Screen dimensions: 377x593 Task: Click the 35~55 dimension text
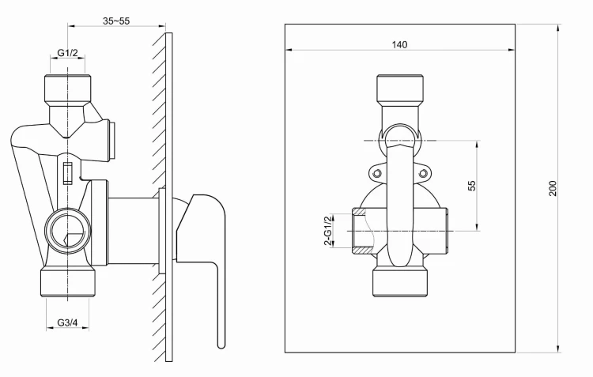(116, 21)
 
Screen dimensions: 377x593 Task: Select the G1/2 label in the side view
(68, 54)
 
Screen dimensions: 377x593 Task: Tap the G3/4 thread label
(68, 322)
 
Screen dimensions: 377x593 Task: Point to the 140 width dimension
(399, 45)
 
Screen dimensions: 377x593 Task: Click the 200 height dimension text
(553, 188)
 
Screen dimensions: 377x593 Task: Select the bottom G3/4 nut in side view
(68, 283)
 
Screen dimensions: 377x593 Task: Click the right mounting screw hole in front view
(422, 173)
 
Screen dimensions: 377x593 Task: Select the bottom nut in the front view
(400, 281)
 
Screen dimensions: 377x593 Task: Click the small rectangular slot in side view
(68, 172)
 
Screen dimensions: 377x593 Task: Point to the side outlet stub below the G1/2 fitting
(110, 138)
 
